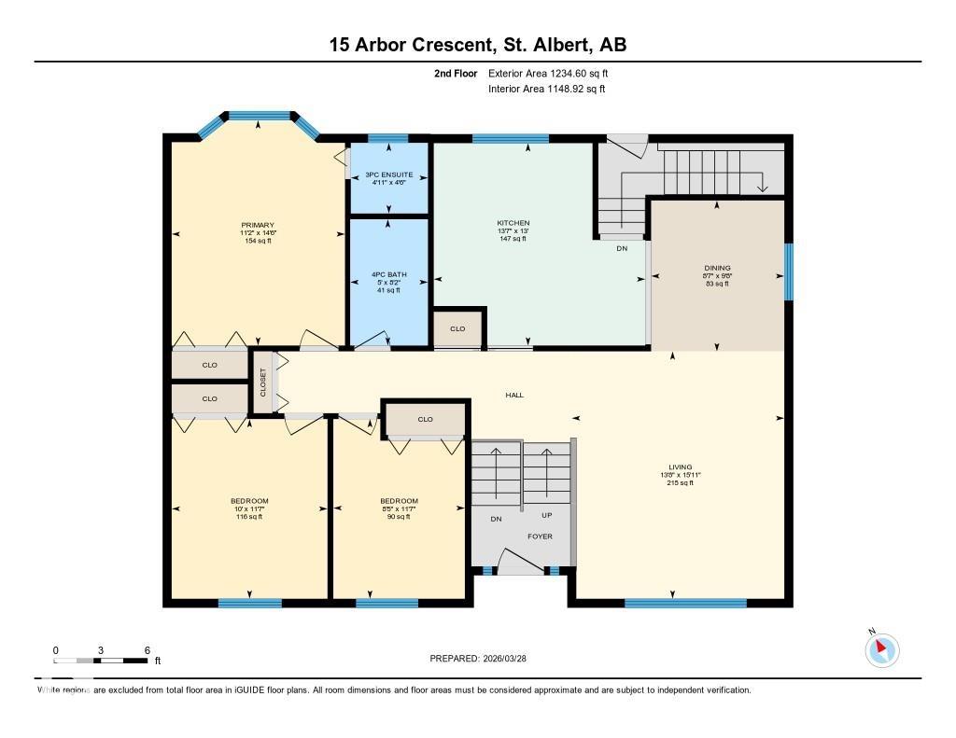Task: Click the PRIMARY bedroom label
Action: (258, 225)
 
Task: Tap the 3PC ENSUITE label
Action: (388, 174)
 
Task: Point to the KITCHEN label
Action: (513, 223)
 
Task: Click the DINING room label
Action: (717, 268)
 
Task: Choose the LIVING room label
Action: (678, 467)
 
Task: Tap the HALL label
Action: (514, 395)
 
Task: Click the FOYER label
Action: (540, 536)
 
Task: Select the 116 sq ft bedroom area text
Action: (249, 516)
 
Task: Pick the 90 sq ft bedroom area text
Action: (399, 516)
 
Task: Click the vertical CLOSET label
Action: (262, 382)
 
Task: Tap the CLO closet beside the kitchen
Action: (457, 329)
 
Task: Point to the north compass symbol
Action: (881, 649)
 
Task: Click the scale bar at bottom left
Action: (101, 660)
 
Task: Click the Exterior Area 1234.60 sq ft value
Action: (549, 73)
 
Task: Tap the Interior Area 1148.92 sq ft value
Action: (547, 90)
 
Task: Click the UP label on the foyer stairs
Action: (547, 515)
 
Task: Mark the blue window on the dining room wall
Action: (788, 272)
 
